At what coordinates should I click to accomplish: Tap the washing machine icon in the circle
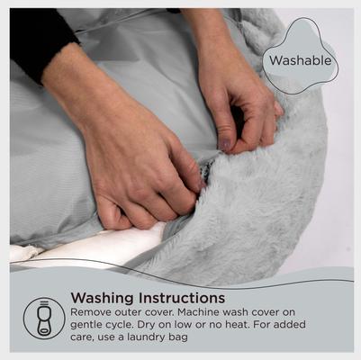tap(44, 317)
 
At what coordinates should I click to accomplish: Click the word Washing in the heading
tap(100, 297)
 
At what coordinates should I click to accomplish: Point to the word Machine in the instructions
tap(203, 311)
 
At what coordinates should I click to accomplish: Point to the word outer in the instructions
tap(134, 311)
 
